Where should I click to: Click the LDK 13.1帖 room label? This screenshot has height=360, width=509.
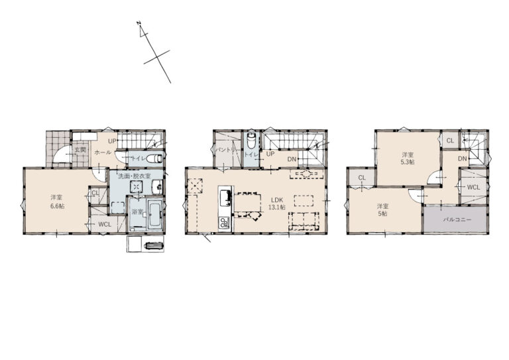(x=276, y=204)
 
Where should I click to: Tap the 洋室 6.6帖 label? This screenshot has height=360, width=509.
(x=57, y=202)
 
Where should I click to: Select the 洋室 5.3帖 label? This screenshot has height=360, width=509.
(x=408, y=158)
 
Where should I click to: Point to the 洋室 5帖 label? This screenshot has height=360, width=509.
(x=382, y=210)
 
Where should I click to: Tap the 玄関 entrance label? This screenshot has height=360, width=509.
(x=80, y=150)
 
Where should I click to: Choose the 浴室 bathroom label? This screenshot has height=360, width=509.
(x=137, y=211)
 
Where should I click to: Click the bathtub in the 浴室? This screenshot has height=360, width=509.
(x=155, y=214)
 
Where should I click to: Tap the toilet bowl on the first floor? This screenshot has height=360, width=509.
(x=154, y=158)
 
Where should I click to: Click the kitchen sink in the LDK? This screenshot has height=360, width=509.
(x=225, y=198)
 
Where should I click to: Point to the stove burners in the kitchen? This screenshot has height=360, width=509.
(x=224, y=223)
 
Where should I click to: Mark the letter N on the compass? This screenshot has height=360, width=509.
(x=139, y=23)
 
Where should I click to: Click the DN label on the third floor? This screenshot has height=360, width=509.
(x=463, y=158)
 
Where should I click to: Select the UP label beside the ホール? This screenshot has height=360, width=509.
(x=112, y=141)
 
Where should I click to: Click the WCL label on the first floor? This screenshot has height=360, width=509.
(x=105, y=224)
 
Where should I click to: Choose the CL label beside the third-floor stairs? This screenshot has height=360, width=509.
(x=450, y=141)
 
